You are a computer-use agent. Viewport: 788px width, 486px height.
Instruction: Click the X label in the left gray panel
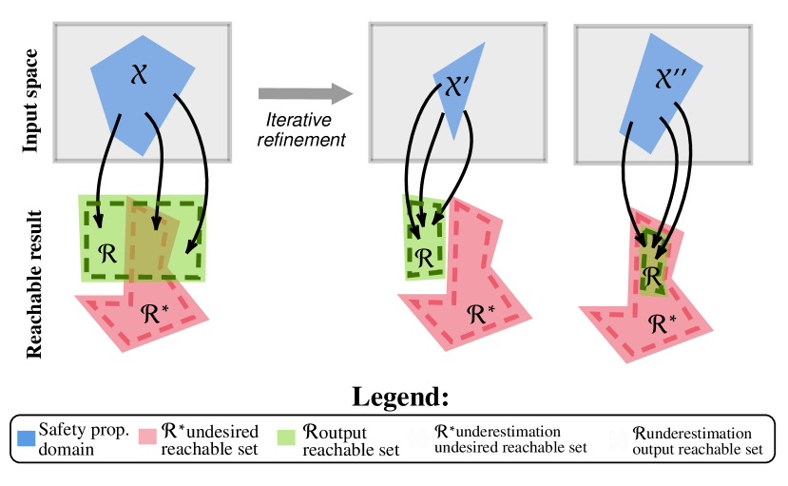pos(139,73)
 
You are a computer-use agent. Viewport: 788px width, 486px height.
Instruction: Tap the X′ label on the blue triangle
pos(456,87)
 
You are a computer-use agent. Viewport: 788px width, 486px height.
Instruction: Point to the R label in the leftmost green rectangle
pos(106,253)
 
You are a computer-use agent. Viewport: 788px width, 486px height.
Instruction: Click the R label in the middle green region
pos(423,257)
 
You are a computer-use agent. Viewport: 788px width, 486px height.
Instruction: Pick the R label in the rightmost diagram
pos(651,276)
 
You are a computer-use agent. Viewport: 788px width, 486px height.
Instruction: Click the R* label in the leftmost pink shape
pos(155,313)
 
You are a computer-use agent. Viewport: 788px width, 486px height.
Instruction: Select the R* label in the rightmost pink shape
pos(662,323)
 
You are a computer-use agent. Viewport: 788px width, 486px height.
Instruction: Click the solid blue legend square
pos(27,438)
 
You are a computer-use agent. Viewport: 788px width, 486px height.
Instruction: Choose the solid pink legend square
pos(147,437)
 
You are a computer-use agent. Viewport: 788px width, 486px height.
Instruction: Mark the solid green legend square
pos(286,437)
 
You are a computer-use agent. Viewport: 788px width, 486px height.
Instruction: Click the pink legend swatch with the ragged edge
pos(418,438)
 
